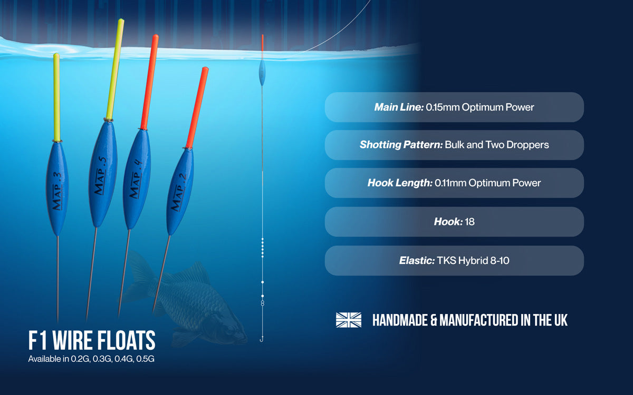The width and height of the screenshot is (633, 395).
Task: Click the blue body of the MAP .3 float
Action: [x=57, y=189]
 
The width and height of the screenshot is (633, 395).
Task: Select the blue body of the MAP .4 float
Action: [x=137, y=179]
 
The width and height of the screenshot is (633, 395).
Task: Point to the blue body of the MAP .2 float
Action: [x=180, y=191]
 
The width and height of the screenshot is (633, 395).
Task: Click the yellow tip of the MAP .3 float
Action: [x=56, y=97]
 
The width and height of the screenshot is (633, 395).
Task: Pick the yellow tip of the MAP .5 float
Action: [x=116, y=69]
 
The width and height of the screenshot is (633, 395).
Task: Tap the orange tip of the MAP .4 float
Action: [x=149, y=82]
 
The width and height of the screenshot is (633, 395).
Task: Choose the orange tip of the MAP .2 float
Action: [x=197, y=108]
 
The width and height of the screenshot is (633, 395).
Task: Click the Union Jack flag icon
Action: [x=349, y=320]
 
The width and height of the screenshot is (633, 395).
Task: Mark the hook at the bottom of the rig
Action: [x=262, y=339]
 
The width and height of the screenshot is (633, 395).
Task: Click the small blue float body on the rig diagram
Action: [x=262, y=73]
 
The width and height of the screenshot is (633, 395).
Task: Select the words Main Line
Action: [x=399, y=107]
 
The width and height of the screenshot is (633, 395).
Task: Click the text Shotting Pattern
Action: [x=401, y=145]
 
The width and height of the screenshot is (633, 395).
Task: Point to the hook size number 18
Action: [x=469, y=222]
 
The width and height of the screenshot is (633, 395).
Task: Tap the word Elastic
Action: [x=417, y=260]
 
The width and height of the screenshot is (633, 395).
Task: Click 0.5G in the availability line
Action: [x=145, y=359]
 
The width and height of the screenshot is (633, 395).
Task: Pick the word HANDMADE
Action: [x=400, y=320]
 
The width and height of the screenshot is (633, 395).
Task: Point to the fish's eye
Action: [x=231, y=329]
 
